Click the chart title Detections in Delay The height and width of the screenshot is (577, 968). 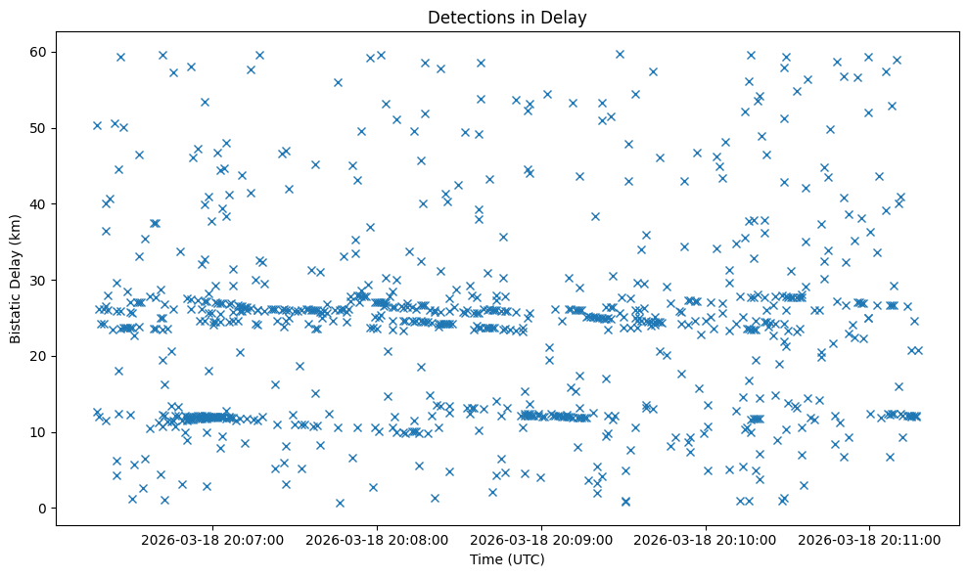click(507, 17)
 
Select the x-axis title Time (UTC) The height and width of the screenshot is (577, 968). click(507, 560)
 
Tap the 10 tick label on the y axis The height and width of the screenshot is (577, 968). click(41, 432)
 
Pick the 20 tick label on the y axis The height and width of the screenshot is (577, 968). click(41, 356)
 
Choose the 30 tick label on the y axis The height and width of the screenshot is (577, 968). click(41, 280)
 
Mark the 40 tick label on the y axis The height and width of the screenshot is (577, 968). click(41, 203)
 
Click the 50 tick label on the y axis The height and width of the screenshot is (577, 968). click(41, 128)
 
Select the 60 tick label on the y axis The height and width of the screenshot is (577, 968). click(41, 52)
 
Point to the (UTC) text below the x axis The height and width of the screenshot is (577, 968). click(527, 560)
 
